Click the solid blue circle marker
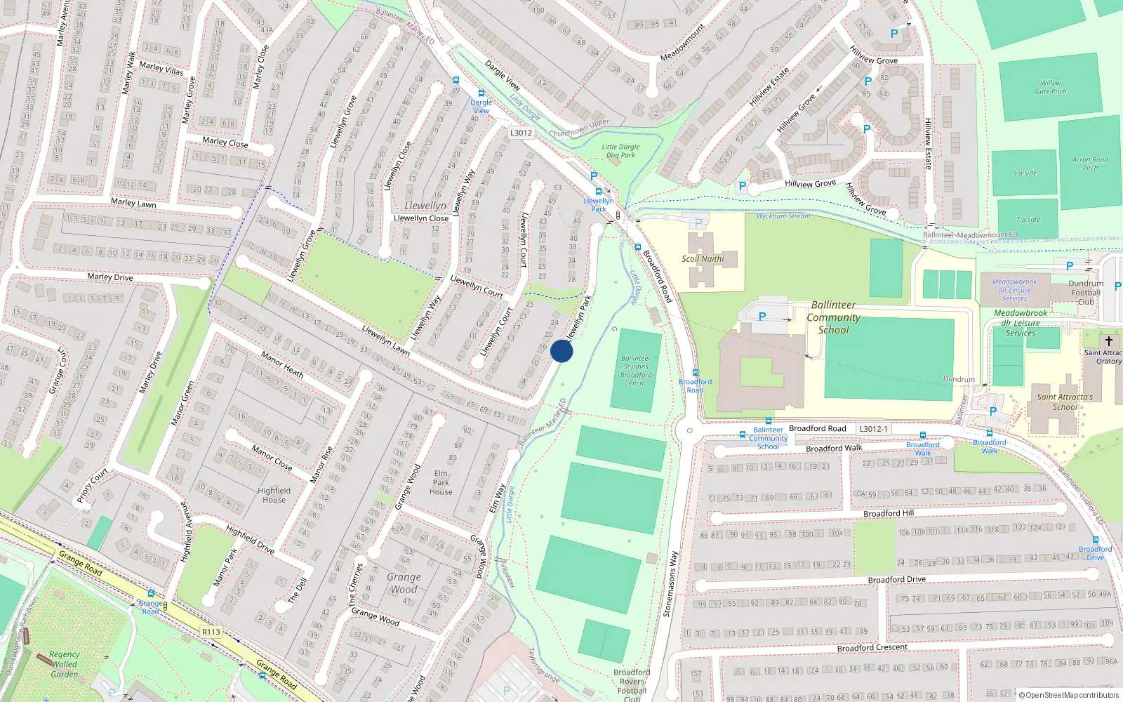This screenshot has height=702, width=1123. click(x=561, y=351)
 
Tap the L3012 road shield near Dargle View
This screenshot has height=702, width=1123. click(x=521, y=133)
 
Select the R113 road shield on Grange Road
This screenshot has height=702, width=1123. click(x=211, y=632)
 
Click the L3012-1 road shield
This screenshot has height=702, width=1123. click(x=873, y=428)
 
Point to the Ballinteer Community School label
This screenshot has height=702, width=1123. click(x=833, y=317)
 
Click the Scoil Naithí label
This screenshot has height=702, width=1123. click(x=703, y=258)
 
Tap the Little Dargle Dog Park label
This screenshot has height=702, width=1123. click(x=621, y=151)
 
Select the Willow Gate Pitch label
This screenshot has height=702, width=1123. click(x=1051, y=87)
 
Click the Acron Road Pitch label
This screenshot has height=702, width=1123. click(x=1090, y=164)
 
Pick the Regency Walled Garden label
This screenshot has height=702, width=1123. click(x=64, y=664)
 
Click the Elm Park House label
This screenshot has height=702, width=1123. click(x=441, y=482)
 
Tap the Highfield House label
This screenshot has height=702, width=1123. click(x=274, y=495)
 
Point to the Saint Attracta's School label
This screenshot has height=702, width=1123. click(x=1065, y=402)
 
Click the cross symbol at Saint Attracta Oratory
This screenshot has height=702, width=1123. click(x=1109, y=340)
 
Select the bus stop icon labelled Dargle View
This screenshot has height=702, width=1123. click(x=481, y=93)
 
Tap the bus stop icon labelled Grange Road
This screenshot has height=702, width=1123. click(x=151, y=594)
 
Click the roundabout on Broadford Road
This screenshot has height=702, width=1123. click(x=689, y=430)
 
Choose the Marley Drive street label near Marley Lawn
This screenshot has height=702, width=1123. click(x=110, y=277)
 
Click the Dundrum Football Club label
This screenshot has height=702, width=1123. click(x=1085, y=293)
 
